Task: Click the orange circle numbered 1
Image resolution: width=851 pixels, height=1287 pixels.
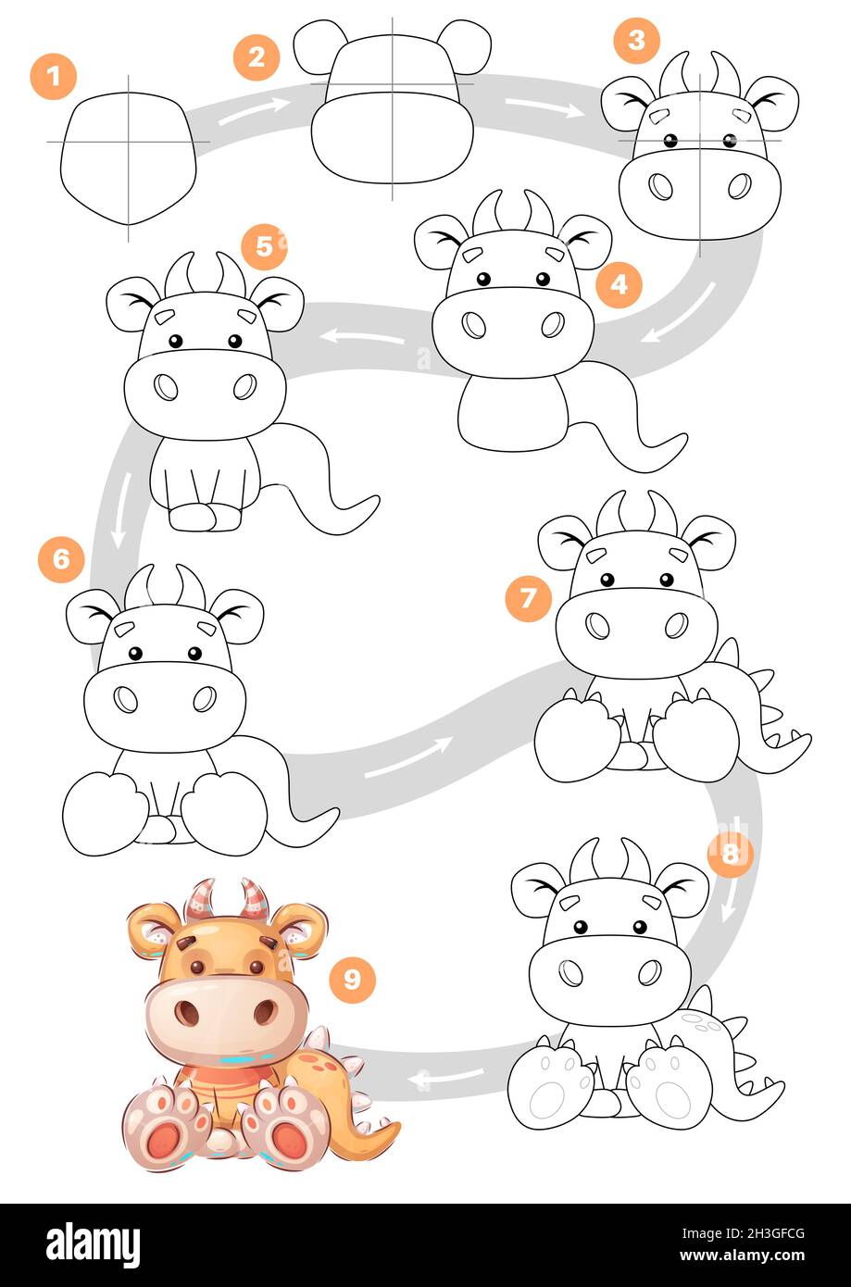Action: tap(54, 77)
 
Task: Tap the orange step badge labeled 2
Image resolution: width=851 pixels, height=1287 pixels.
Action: tap(257, 56)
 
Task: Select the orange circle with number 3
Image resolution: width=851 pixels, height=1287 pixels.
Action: tap(637, 40)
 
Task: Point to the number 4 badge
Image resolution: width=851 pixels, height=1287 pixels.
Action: tap(619, 284)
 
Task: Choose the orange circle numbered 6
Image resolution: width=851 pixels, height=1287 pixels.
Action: tap(61, 559)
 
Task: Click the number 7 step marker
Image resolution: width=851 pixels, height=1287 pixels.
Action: tap(528, 598)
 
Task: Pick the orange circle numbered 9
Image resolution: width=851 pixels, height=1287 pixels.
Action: tap(352, 979)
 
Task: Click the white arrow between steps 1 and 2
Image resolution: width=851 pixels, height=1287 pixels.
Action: tap(255, 111)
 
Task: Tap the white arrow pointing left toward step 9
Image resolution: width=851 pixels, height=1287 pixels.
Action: tap(446, 1078)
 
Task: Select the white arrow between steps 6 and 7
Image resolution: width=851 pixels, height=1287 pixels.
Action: tap(408, 757)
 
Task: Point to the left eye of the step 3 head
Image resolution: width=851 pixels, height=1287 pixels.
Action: tap(670, 140)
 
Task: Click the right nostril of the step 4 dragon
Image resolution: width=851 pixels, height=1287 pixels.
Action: tap(553, 325)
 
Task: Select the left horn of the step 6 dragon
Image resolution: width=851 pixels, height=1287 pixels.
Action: tap(138, 586)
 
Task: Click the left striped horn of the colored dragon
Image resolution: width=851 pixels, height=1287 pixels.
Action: tap(199, 900)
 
